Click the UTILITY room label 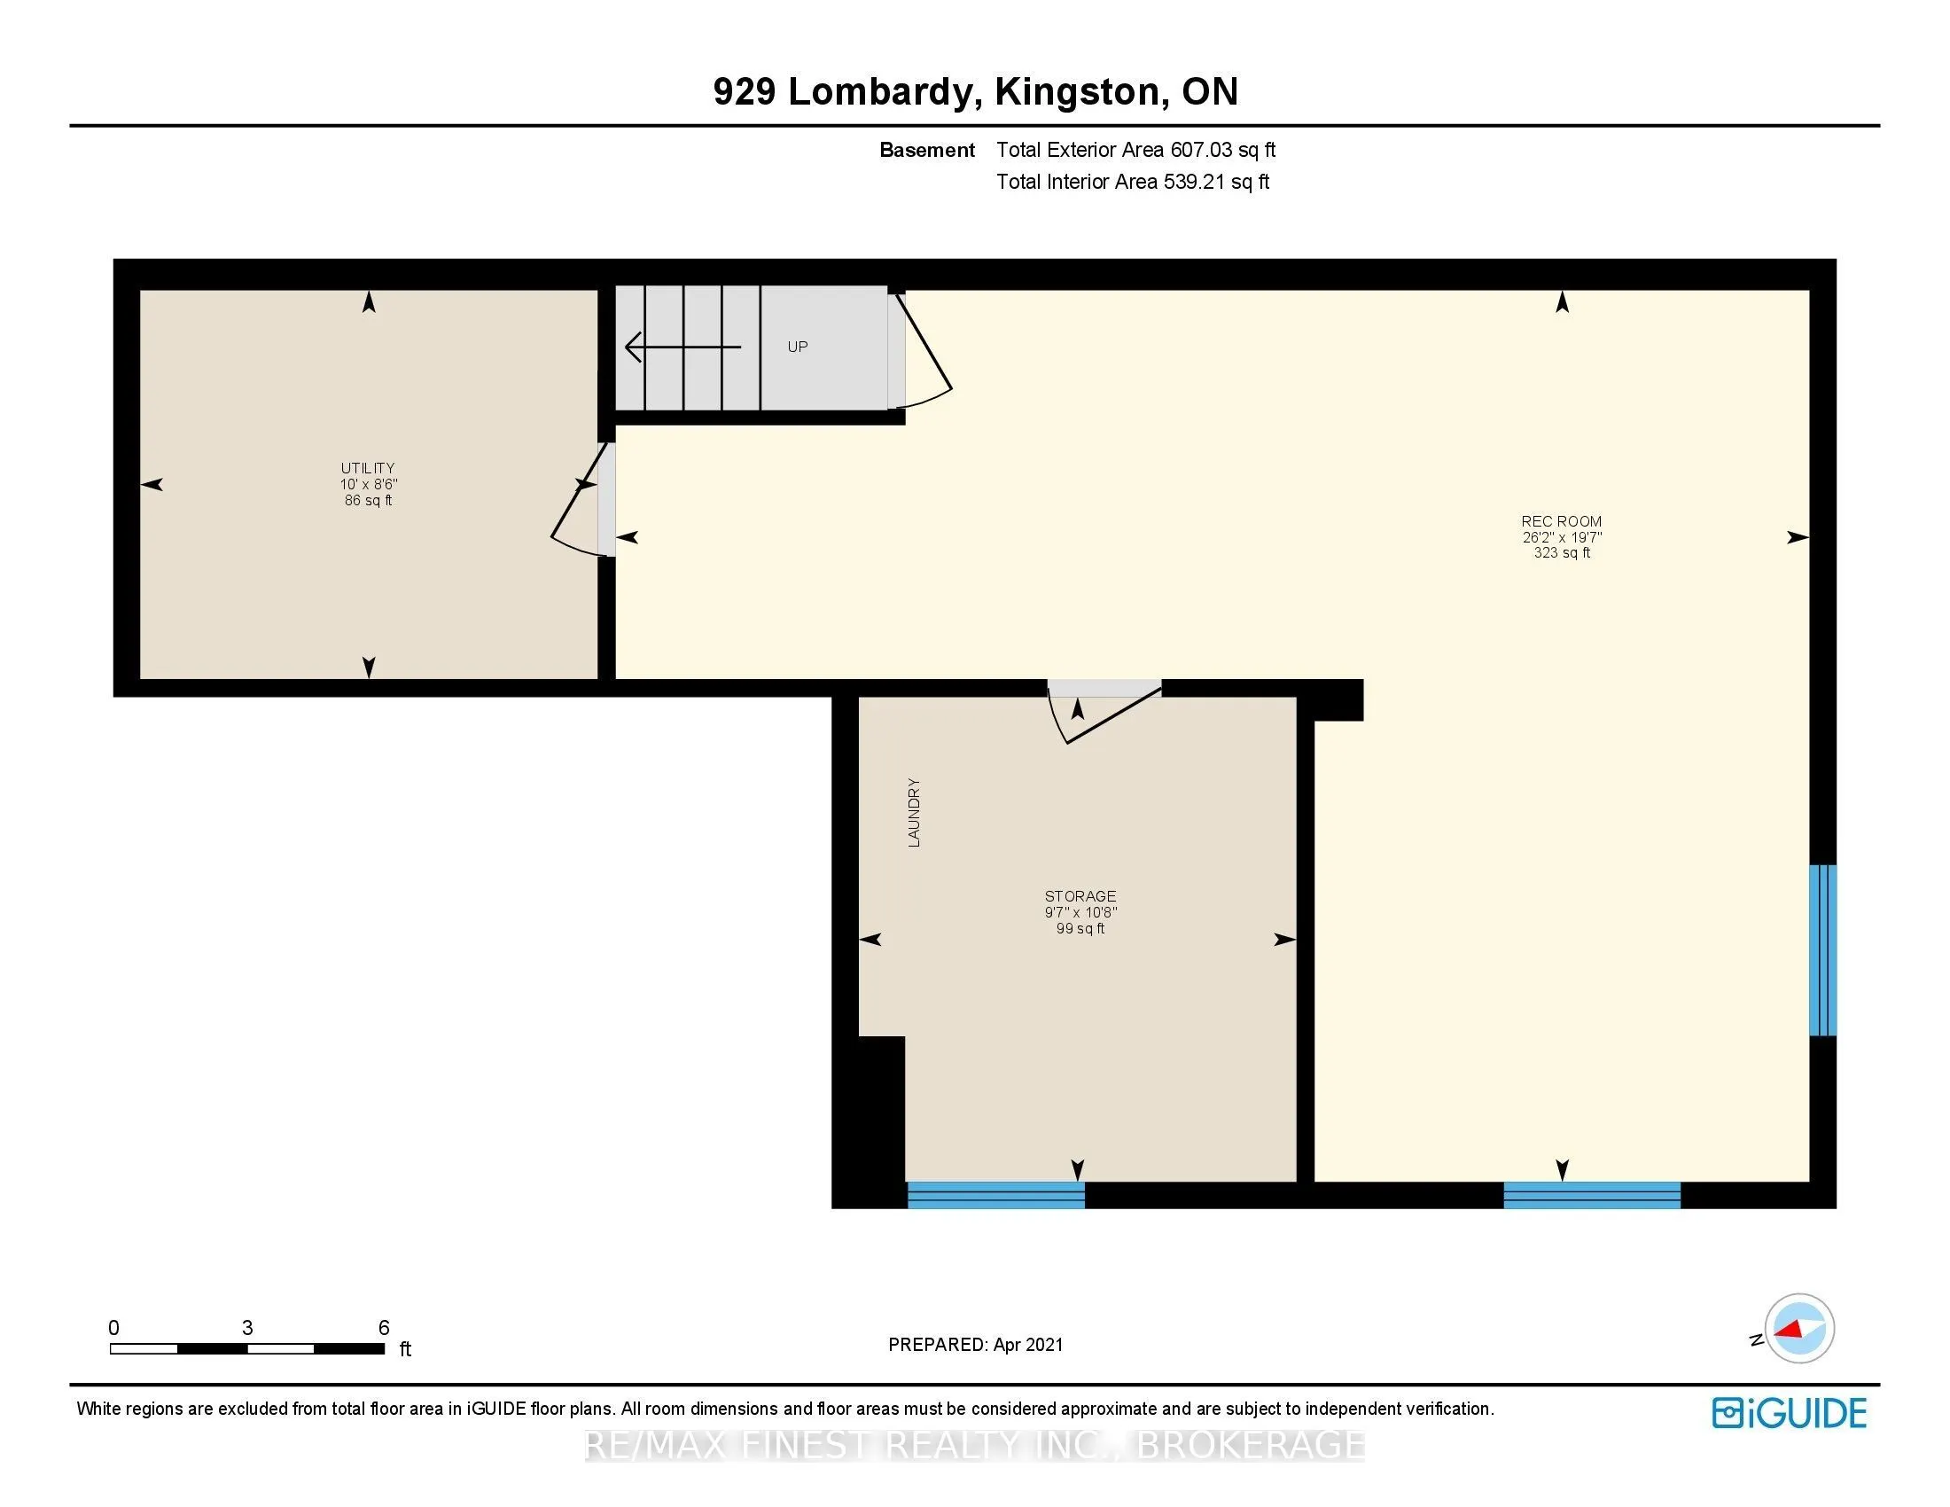[x=367, y=468]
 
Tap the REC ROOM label [x=1562, y=521]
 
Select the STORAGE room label [x=1080, y=896]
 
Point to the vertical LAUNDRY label [x=913, y=812]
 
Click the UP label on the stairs [x=798, y=347]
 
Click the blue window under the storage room [x=996, y=1195]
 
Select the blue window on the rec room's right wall [x=1822, y=950]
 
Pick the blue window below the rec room [x=1592, y=1195]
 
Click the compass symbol [x=1798, y=1329]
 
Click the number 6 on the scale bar [x=384, y=1328]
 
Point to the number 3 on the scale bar [x=247, y=1328]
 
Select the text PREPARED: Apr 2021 [x=976, y=1345]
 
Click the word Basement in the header [x=927, y=150]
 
